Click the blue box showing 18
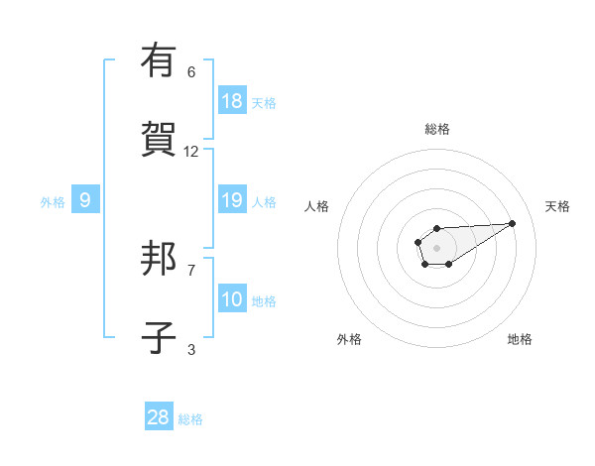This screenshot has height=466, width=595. [232, 100]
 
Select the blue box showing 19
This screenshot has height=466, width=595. [232, 200]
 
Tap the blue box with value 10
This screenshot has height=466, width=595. [232, 299]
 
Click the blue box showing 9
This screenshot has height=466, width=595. [85, 200]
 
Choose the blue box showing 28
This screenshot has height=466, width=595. [159, 417]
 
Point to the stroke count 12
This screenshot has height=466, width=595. [191, 152]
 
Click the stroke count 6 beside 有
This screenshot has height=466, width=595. [191, 72]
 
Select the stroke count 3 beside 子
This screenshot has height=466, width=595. [191, 350]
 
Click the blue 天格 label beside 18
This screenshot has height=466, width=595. [264, 102]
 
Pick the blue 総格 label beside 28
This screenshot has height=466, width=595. [190, 419]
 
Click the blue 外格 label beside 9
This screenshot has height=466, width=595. [53, 202]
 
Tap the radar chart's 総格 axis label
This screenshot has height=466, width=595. [436, 129]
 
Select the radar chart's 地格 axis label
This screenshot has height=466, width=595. [520, 339]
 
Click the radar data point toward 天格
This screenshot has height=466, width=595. [513, 222]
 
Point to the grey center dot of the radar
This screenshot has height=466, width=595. [436, 247]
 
